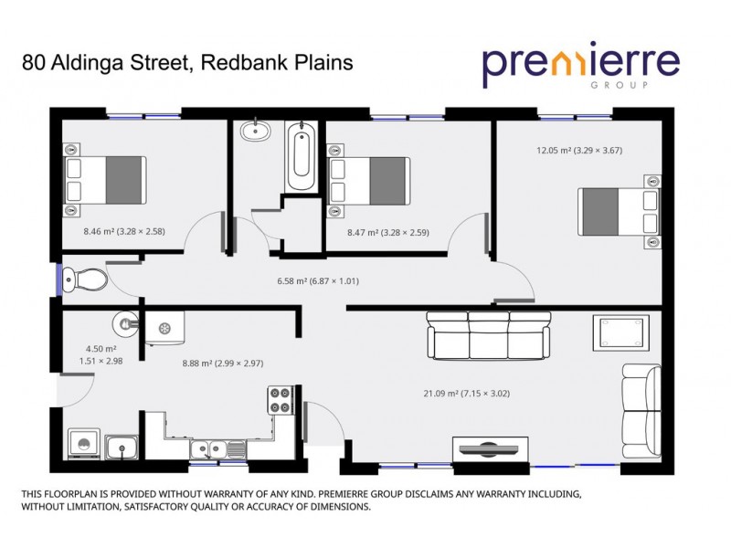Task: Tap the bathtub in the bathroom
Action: click(x=301, y=158)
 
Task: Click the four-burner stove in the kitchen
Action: click(x=279, y=399)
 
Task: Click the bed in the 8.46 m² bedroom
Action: click(x=104, y=179)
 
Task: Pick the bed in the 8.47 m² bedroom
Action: click(x=367, y=179)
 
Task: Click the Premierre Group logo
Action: click(x=581, y=64)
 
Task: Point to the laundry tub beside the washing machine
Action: click(x=121, y=448)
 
